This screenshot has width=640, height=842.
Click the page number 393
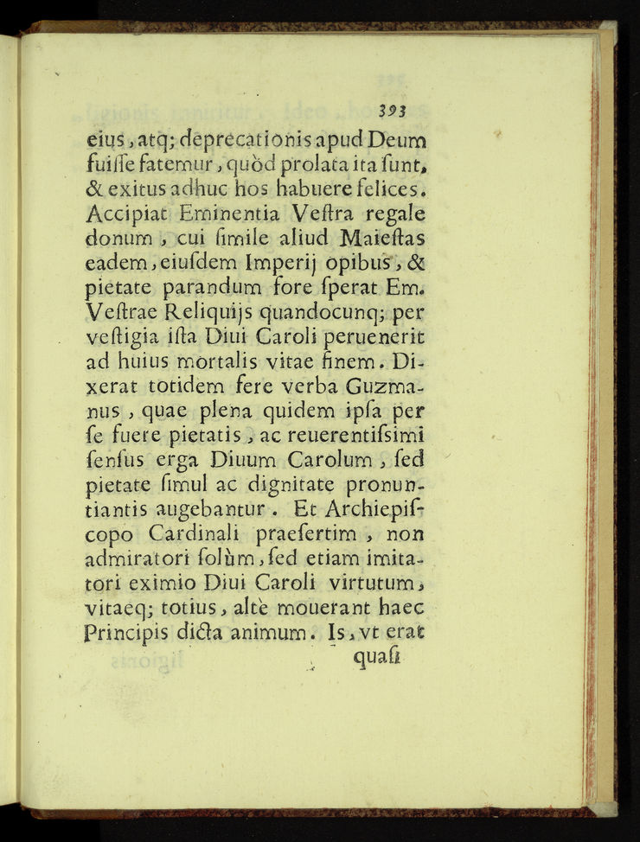pyautogui.click(x=392, y=110)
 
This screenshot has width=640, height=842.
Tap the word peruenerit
pyautogui.click(x=376, y=335)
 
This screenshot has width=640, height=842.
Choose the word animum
pyautogui.click(x=283, y=633)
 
